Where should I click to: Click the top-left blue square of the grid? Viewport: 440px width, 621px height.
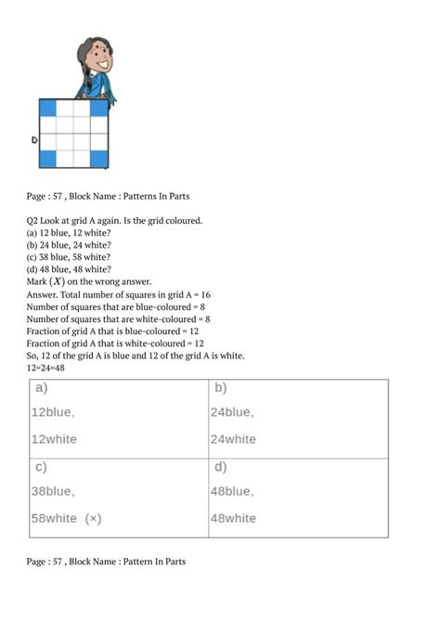click(47, 109)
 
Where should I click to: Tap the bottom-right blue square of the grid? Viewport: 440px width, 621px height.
click(98, 159)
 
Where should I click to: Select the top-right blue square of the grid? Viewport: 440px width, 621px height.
click(98, 109)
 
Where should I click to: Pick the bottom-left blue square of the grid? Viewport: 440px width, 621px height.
click(47, 159)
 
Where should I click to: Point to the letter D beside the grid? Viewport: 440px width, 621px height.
click(33, 141)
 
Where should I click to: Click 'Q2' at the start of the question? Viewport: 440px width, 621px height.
click(34, 220)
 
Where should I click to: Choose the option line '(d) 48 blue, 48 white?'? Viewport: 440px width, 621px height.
click(70, 269)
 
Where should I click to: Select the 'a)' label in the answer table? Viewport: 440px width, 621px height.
click(41, 387)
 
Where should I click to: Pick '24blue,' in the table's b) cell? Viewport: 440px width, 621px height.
click(232, 412)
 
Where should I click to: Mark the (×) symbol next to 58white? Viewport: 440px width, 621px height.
click(93, 519)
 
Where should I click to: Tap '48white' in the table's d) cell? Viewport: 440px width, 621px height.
click(234, 519)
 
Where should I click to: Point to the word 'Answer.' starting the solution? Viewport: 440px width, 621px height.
click(46, 294)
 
